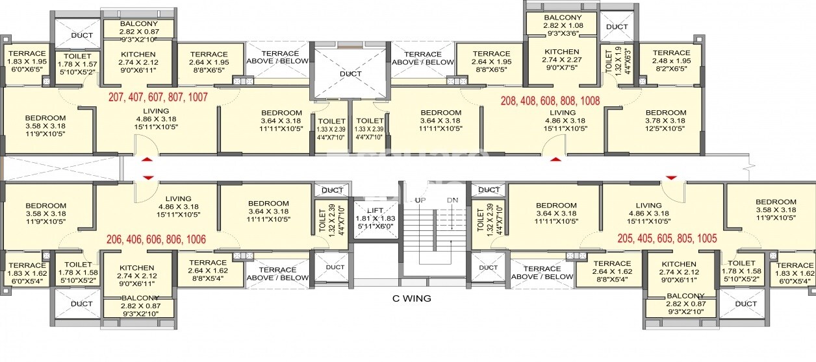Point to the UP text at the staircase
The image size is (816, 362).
click(420, 200)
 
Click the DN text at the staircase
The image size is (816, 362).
click(453, 200)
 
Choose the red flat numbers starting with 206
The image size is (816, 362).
click(156, 239)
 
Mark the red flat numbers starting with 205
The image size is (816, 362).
click(668, 238)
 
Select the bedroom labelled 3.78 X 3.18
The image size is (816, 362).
click(665, 121)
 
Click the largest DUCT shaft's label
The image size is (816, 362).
click(351, 74)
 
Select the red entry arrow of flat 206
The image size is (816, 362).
click(147, 176)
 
